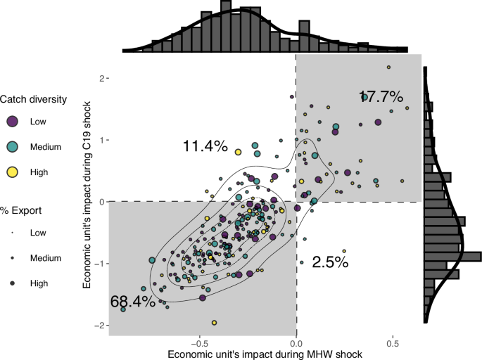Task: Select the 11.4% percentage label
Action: (205, 146)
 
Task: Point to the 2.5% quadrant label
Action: (330, 262)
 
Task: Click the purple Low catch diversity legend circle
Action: (12, 122)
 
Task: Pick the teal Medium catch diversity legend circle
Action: (12, 146)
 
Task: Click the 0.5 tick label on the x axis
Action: (393, 344)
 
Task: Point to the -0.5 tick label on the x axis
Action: (200, 344)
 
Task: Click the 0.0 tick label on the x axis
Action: (296, 344)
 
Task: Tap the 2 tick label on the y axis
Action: (102, 78)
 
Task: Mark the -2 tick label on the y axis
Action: (100, 325)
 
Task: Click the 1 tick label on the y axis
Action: (102, 140)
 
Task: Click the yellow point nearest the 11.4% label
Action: (238, 152)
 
